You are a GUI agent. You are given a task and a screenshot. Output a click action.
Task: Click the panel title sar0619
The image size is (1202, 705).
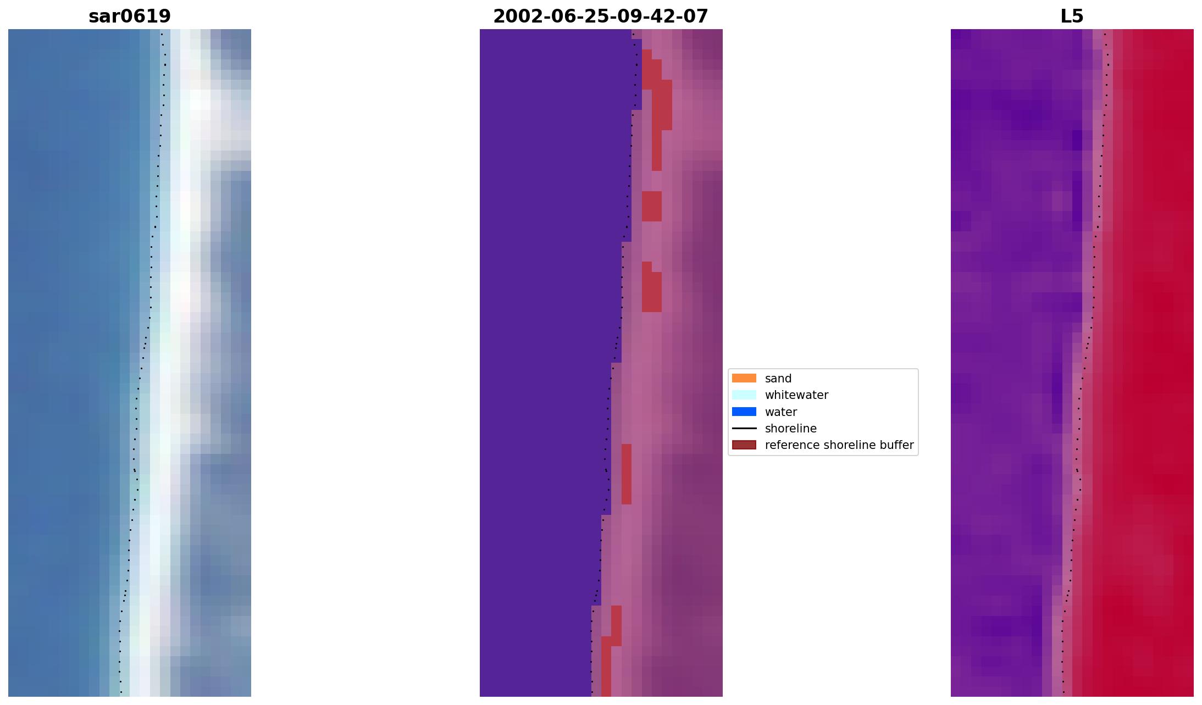click(x=130, y=16)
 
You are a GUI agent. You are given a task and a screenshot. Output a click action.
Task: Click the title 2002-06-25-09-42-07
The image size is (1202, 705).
click(x=600, y=16)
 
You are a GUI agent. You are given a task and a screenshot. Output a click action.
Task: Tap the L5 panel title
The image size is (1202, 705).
click(x=1071, y=16)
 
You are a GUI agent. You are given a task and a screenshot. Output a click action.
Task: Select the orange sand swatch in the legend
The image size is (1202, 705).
click(x=744, y=378)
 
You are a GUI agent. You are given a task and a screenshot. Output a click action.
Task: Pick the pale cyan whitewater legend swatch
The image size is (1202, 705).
click(x=744, y=395)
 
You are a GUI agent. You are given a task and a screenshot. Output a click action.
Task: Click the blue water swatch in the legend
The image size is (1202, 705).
click(x=744, y=412)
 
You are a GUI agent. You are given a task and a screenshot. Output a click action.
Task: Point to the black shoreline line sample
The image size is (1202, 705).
click(x=744, y=429)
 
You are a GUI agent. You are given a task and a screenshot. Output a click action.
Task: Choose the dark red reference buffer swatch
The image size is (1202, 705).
click(x=744, y=445)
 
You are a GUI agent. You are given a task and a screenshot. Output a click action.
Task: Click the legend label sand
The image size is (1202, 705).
click(x=778, y=379)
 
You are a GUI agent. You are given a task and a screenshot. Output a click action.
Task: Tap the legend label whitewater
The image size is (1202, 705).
click(x=796, y=395)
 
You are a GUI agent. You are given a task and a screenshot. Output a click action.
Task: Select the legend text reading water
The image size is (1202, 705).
click(x=780, y=412)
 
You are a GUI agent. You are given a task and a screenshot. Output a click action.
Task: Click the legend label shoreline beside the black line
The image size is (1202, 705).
click(x=790, y=429)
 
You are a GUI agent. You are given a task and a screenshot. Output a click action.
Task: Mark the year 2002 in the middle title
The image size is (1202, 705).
click(x=513, y=16)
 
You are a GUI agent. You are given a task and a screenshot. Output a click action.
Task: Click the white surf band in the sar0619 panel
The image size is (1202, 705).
click(x=179, y=275)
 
